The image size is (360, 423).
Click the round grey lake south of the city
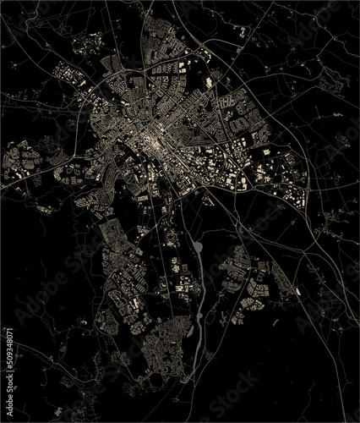198,247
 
